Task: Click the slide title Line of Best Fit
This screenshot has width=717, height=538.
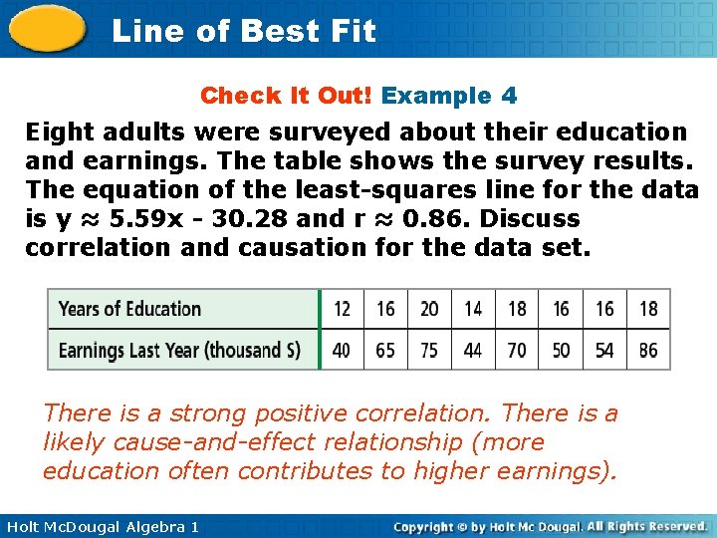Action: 244,31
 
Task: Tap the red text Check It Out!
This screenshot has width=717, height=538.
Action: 287,96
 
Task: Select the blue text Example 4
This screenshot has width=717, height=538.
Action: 449,96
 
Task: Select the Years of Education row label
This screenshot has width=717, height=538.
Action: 129,309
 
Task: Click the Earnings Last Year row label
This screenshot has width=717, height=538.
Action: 179,350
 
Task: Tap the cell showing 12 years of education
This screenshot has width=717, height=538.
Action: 342,309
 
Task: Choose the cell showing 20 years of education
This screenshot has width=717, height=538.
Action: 429,309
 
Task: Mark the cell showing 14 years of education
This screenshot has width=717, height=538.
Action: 473,309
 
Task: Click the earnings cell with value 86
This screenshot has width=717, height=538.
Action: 648,350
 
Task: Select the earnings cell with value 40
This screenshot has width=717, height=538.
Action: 342,350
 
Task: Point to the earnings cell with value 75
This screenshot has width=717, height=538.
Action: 429,350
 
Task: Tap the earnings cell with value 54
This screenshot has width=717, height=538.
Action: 604,350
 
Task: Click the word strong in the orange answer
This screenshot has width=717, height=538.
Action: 207,413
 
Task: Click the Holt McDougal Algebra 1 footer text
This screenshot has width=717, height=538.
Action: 101,526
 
